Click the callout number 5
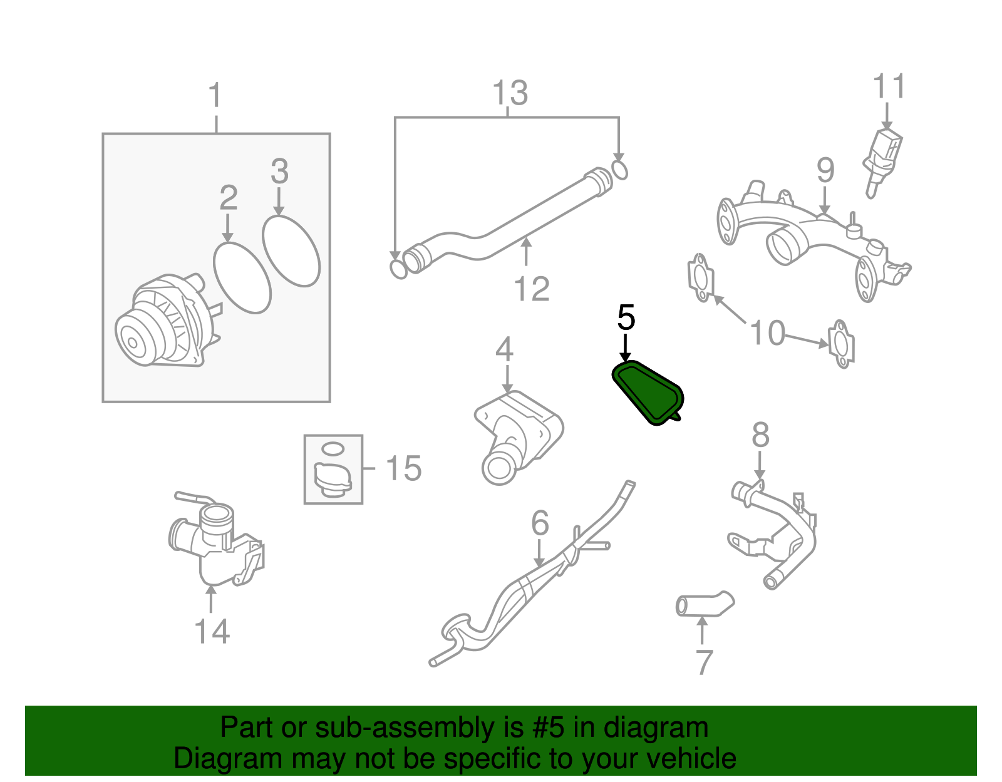(626, 318)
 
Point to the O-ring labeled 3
(291, 251)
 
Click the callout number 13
(510, 93)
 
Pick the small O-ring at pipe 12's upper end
(619, 170)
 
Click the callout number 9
(825, 170)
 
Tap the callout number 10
(767, 332)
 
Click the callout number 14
(212, 631)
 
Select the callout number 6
(540, 523)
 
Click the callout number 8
(760, 435)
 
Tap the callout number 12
(531, 289)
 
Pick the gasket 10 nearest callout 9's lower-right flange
(841, 343)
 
